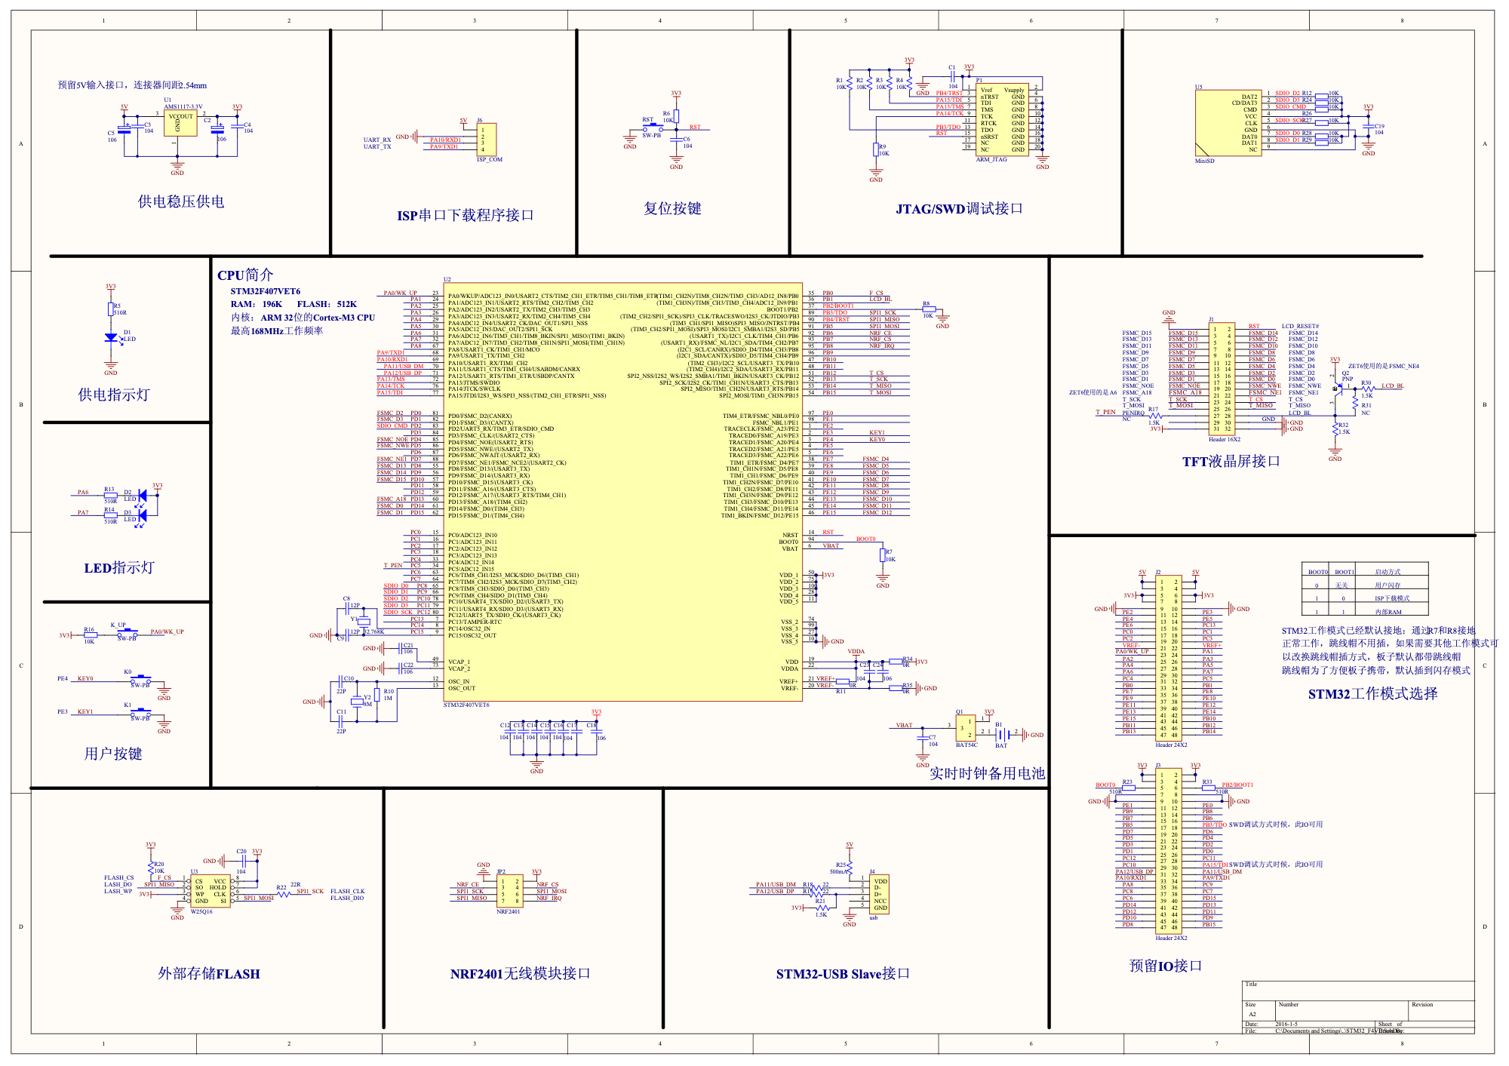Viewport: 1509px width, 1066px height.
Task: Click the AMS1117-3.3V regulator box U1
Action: (180, 124)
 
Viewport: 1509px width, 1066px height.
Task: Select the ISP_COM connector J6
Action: (487, 140)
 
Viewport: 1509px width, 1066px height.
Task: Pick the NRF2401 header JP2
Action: (509, 890)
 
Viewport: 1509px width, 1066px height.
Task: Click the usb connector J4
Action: (880, 895)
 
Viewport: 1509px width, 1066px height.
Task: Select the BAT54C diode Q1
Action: (965, 728)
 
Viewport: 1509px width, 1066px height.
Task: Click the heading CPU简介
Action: (245, 275)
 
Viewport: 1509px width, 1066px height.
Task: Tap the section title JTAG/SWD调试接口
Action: (958, 209)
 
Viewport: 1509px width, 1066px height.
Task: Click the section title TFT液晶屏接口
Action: (1231, 462)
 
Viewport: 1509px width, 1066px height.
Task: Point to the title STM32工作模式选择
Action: (1372, 694)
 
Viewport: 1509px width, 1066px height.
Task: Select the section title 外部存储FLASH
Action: (208, 974)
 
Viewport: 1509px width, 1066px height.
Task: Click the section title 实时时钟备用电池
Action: (986, 773)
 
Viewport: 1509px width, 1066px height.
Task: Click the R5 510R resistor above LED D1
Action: (111, 309)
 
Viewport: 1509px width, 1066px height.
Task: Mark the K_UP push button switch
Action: (126, 632)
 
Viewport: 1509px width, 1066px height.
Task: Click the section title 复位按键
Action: (672, 209)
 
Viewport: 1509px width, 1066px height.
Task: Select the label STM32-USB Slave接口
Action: (843, 974)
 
